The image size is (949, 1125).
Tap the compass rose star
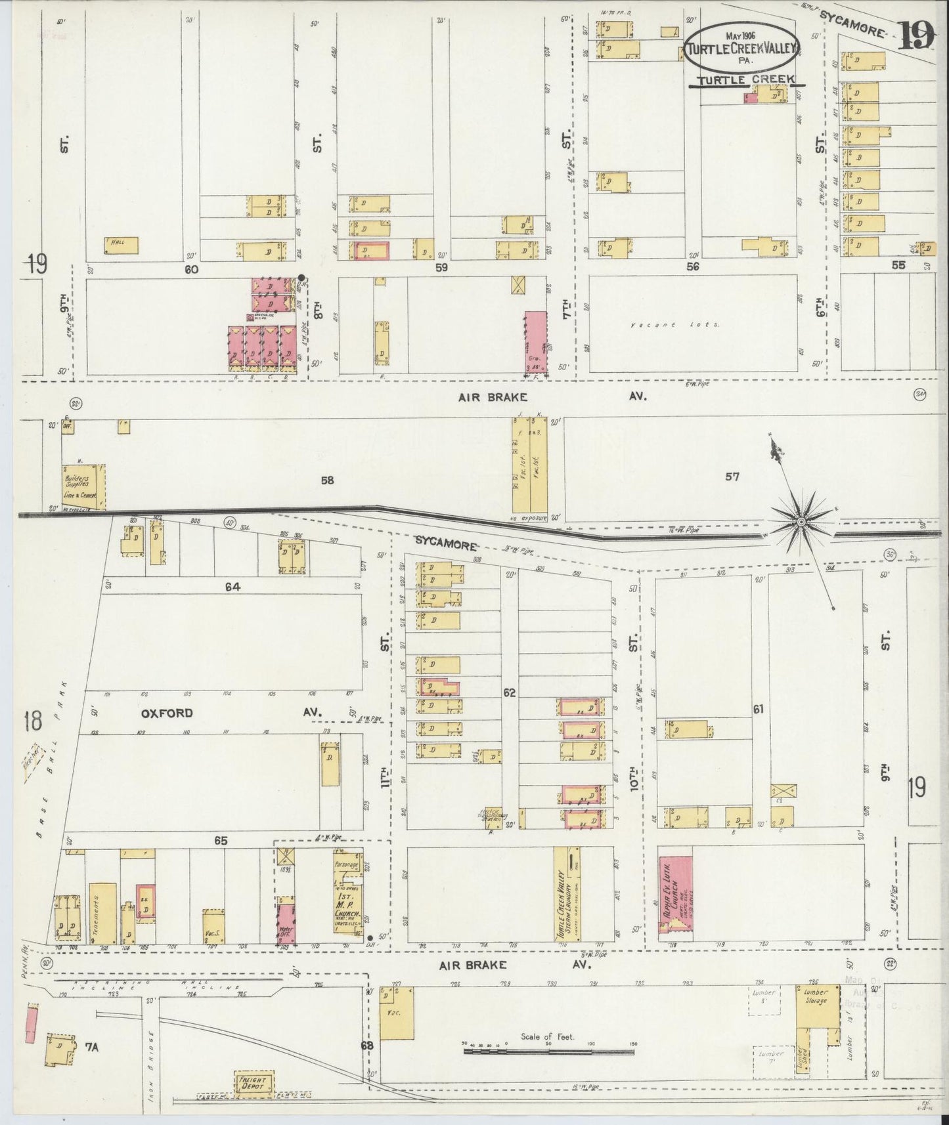(x=801, y=521)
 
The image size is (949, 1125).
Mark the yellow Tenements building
(x=103, y=914)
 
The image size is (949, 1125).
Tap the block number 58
(x=327, y=480)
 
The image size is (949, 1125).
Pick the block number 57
(x=732, y=477)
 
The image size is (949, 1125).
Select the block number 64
(x=232, y=587)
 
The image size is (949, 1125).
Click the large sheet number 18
(x=32, y=720)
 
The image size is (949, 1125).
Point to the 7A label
(x=91, y=1047)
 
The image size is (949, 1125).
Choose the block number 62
(x=508, y=692)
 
